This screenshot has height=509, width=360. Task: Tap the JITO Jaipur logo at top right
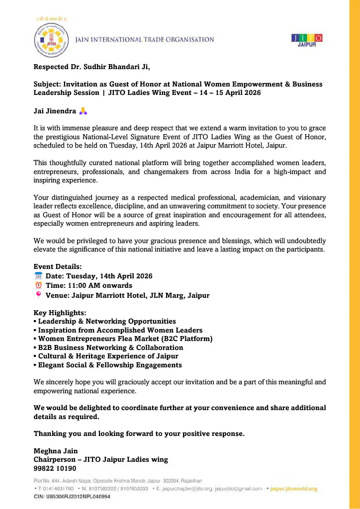(306, 40)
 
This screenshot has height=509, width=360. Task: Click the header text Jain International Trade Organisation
(144, 40)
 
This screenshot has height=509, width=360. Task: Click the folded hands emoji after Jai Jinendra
(84, 111)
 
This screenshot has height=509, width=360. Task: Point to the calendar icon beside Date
(38, 276)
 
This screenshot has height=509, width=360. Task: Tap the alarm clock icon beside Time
(38, 285)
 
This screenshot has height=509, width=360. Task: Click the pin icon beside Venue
(38, 295)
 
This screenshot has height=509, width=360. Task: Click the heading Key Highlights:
(60, 313)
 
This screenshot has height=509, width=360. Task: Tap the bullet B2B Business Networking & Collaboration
(110, 347)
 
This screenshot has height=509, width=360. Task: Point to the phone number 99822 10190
(55, 468)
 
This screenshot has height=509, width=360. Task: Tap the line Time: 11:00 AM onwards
(89, 285)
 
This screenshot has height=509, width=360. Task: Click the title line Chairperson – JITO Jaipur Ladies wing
(100, 460)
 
